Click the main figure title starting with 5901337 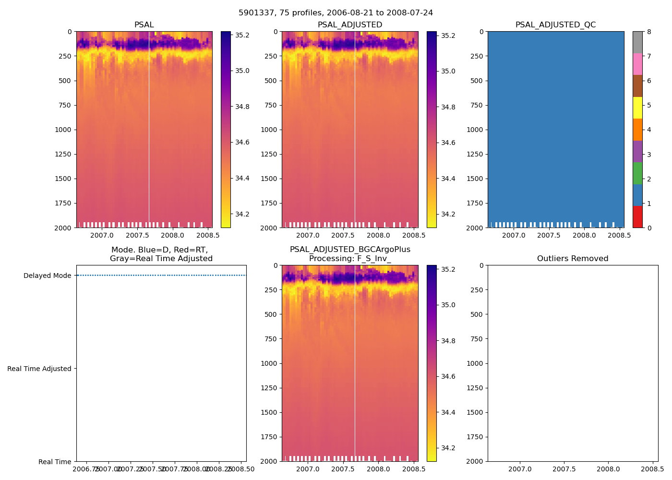336,13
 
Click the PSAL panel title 144,25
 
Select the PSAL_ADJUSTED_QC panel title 555,25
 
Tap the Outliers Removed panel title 573,259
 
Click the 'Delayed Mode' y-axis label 47,276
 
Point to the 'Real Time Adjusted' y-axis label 39,369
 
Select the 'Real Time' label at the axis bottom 55,462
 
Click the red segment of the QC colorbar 637,216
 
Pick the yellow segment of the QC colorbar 637,108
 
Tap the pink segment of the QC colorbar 637,64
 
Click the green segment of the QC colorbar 637,173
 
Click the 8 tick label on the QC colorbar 649,32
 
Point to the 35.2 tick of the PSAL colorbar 242,35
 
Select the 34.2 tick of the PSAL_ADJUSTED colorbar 448,214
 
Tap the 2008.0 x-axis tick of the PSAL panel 172,235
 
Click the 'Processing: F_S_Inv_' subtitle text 350,259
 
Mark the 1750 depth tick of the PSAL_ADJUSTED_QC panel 475,203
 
